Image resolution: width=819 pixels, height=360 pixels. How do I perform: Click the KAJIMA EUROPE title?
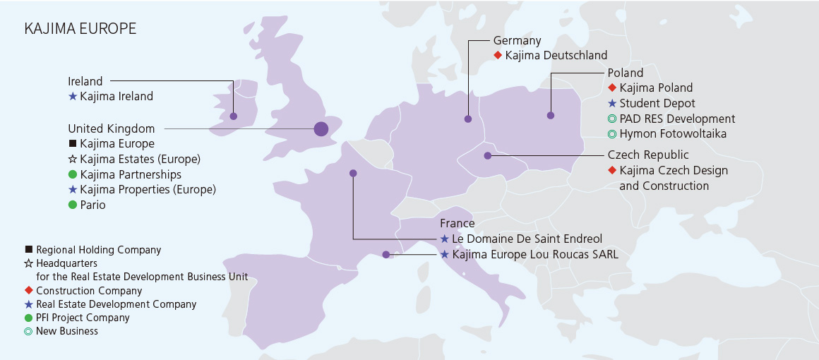(x=80, y=29)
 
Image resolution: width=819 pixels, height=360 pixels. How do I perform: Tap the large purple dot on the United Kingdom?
(x=321, y=128)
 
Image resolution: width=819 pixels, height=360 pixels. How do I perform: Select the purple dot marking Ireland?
(x=234, y=116)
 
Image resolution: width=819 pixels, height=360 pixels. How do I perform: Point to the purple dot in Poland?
(x=551, y=115)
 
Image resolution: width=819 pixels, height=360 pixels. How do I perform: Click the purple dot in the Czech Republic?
(x=487, y=155)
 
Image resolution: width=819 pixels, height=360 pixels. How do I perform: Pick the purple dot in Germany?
(x=468, y=119)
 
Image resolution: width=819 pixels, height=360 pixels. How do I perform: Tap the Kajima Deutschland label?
(x=556, y=55)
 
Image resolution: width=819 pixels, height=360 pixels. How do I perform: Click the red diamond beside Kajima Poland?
(x=612, y=88)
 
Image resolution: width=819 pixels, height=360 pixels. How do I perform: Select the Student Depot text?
(x=657, y=104)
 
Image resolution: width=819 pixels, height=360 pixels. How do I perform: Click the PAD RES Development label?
(x=676, y=119)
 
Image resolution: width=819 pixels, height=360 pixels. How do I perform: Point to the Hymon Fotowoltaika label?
(x=672, y=133)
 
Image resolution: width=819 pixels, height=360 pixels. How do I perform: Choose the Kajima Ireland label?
(x=116, y=96)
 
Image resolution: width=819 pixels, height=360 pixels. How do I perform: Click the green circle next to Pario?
(x=72, y=205)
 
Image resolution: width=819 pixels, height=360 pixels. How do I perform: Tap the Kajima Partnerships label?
(x=131, y=174)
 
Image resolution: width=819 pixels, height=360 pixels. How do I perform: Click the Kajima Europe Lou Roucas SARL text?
(x=534, y=255)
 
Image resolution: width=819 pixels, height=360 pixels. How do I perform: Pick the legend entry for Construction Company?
(x=89, y=291)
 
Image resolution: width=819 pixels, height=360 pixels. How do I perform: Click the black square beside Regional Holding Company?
(x=29, y=250)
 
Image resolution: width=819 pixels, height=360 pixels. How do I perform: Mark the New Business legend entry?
(x=67, y=331)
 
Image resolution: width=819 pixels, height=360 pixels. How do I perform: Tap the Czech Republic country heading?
(x=647, y=155)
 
